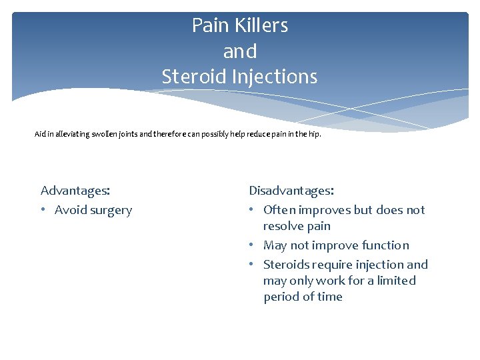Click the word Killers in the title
click(257, 26)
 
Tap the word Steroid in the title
click(195, 77)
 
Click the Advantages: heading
click(75, 191)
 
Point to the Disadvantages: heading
click(291, 191)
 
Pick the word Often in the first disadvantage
click(280, 210)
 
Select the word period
click(281, 297)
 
